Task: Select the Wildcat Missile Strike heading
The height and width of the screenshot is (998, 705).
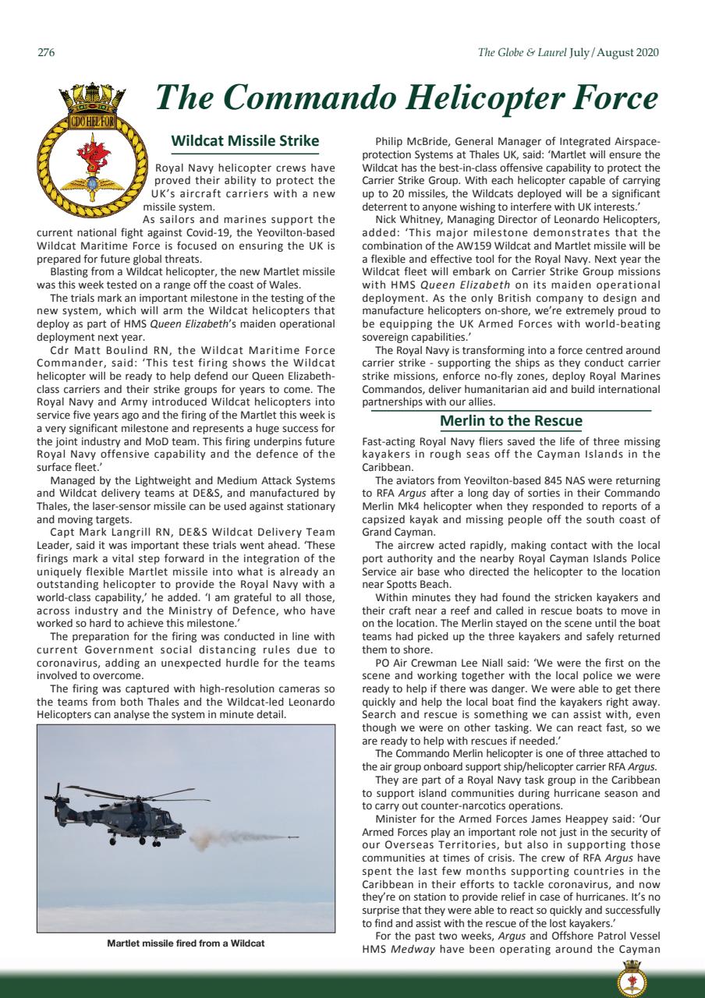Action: pos(245,141)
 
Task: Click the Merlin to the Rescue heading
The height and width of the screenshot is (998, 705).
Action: pos(511,422)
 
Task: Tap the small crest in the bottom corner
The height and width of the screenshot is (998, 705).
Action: pos(632,979)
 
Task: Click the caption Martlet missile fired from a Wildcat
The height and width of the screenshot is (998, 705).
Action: pos(186,943)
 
